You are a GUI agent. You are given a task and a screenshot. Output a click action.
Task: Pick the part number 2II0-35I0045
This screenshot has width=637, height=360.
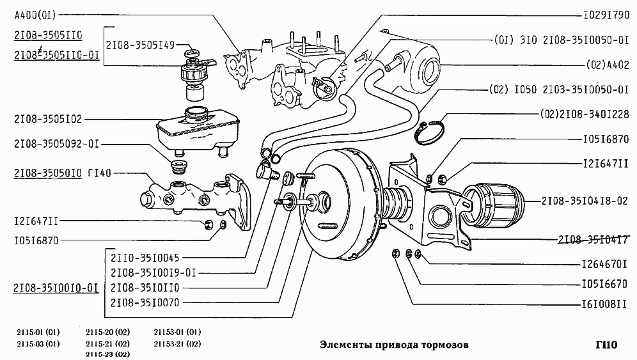(x=144, y=259)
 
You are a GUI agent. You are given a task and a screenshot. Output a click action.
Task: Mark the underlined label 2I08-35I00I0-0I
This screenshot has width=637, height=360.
(x=56, y=288)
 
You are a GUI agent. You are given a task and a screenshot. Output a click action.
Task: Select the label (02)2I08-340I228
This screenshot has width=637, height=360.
(x=585, y=114)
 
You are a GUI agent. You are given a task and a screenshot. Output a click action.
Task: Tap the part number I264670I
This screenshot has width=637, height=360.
(x=604, y=263)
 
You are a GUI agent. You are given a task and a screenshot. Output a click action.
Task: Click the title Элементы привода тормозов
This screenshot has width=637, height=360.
(x=393, y=345)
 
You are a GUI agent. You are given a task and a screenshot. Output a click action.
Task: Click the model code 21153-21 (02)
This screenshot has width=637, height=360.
(x=177, y=343)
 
